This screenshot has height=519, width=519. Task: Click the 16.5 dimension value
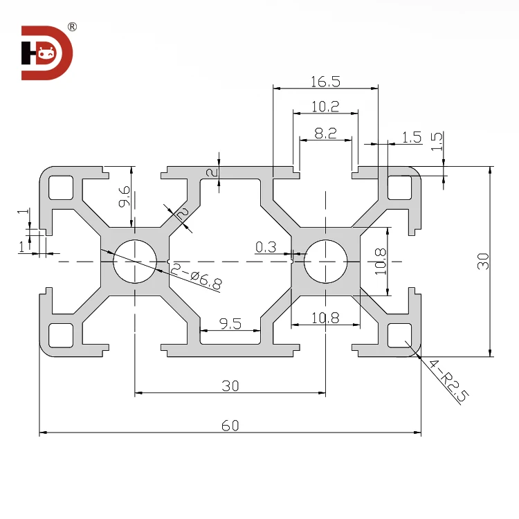click(325, 81)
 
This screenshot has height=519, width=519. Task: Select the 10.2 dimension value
click(325, 106)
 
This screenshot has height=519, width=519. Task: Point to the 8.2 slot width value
click(325, 134)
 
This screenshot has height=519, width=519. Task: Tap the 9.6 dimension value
click(124, 197)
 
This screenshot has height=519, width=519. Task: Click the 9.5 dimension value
click(230, 322)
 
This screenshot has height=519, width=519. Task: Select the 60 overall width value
click(230, 425)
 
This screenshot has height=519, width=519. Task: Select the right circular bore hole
click(325, 262)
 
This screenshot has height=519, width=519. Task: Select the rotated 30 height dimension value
click(483, 261)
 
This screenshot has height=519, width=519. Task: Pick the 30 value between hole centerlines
click(230, 386)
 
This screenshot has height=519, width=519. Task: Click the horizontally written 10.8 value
click(325, 318)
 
